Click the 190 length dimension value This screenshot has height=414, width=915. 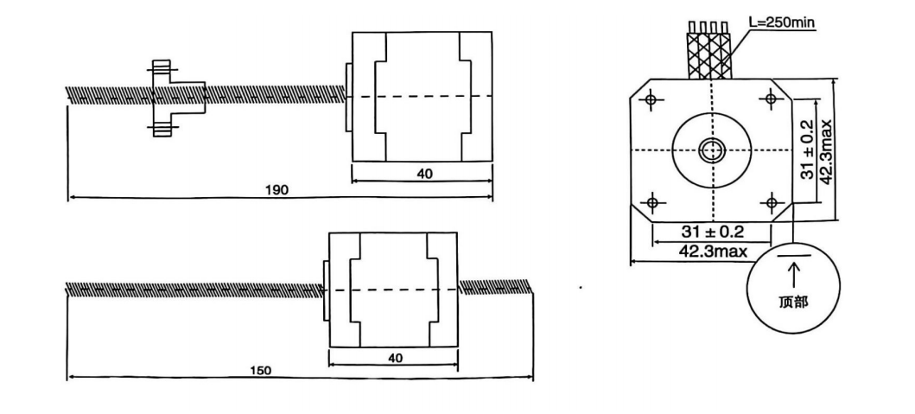click(276, 190)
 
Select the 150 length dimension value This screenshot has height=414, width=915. click(260, 370)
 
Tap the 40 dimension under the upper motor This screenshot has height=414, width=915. click(425, 174)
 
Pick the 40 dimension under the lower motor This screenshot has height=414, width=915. click(395, 357)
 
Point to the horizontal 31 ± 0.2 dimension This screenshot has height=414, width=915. click(713, 232)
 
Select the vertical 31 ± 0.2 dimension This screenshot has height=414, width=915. click(807, 150)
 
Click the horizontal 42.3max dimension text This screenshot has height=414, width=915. click(713, 252)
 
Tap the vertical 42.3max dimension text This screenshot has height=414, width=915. click(826, 152)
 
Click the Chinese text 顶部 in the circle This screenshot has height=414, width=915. click(793, 302)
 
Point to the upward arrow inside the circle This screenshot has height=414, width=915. click(793, 275)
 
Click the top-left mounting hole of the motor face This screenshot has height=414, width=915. click(651, 99)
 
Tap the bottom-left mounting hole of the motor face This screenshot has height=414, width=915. click(652, 202)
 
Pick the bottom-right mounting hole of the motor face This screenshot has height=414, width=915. click(772, 202)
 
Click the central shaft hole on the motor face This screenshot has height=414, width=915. click(712, 151)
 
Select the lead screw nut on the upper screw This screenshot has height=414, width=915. click(175, 99)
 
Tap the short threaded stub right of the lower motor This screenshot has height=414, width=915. click(494, 286)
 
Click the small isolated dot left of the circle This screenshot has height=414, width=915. click(581, 287)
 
